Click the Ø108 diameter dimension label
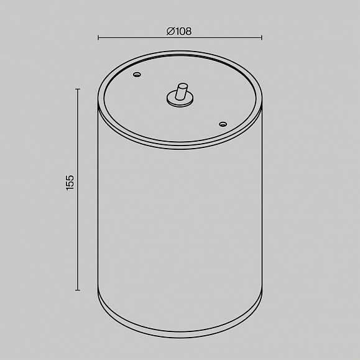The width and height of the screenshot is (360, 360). point(179,31)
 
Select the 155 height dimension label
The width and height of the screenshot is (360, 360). point(70,183)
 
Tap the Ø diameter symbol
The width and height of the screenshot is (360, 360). point(171,31)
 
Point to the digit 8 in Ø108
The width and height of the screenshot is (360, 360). point(188,31)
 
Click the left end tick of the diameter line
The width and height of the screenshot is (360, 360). point(98,37)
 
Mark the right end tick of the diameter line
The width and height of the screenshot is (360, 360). point(262,37)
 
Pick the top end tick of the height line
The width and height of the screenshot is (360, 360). point(78,89)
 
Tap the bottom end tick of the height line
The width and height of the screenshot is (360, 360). point(78,290)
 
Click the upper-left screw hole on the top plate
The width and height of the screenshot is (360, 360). point(137,75)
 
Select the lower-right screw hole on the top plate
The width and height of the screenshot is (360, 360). point(223,124)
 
